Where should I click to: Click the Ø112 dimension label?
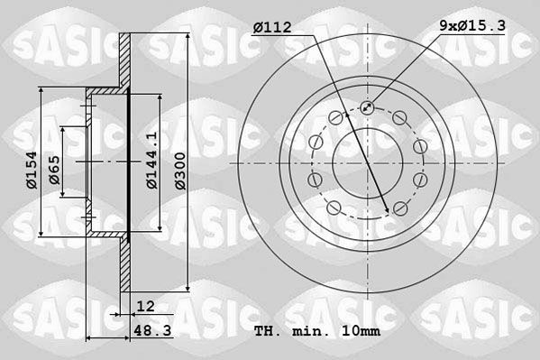[x=271, y=28]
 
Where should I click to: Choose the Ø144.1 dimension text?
[x=153, y=161]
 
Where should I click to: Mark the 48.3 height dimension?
[x=148, y=331]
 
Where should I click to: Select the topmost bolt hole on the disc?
[x=367, y=108]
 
